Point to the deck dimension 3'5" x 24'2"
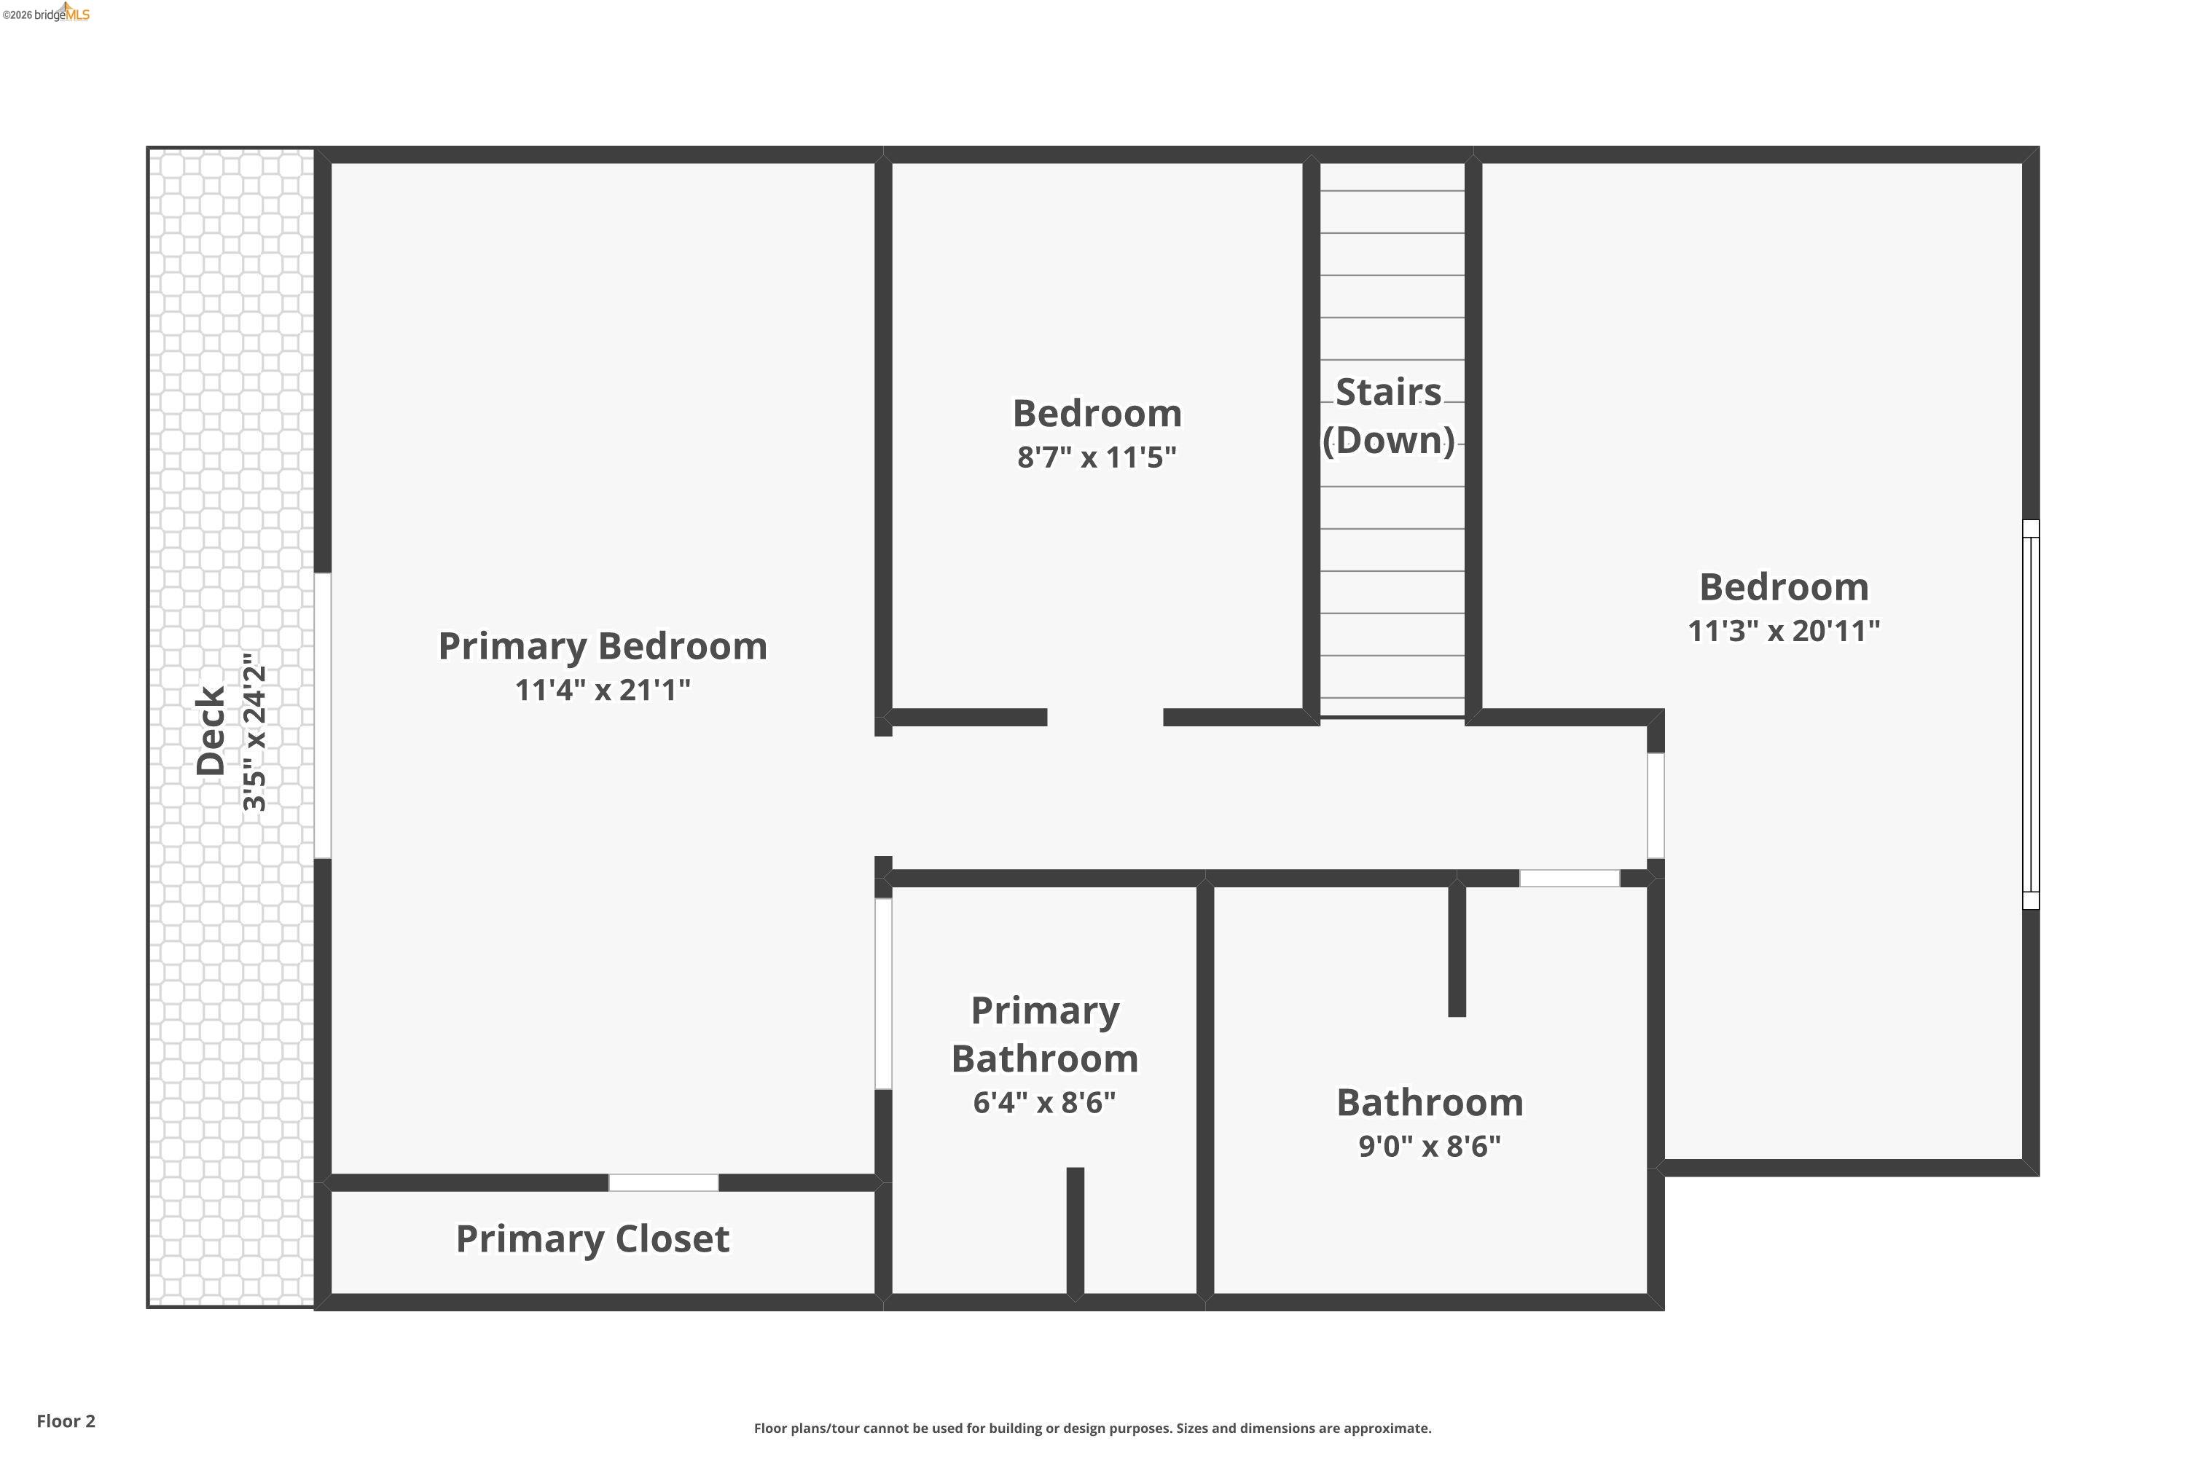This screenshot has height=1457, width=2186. (254, 731)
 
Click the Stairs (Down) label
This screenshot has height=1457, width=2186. (1389, 416)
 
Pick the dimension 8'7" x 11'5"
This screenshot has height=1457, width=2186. (1097, 458)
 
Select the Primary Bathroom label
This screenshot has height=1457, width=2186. (1045, 1034)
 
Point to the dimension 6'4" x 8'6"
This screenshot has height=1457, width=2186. (1045, 1103)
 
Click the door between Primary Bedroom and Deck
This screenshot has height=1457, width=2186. (323, 715)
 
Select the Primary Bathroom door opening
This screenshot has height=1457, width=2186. (883, 994)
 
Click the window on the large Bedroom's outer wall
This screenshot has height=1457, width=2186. (2031, 714)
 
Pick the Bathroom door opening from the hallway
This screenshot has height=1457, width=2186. (1569, 878)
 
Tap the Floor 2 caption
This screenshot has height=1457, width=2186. (66, 1421)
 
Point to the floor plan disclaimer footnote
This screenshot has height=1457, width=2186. (1092, 1428)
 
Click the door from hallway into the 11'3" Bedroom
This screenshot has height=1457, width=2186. (1656, 806)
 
